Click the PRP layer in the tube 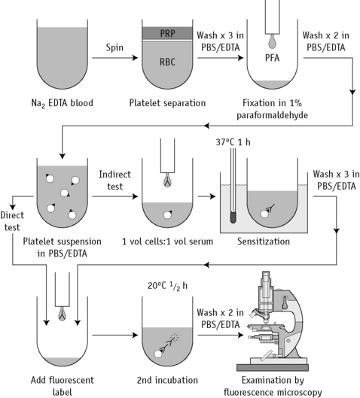(167, 33)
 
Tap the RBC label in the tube (167, 62)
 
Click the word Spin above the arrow (114, 47)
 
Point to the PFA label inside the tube (273, 58)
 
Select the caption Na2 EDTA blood (62, 103)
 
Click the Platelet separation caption (167, 103)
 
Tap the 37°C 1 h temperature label (233, 142)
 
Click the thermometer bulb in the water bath (233, 217)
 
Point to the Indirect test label (114, 181)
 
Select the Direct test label (12, 221)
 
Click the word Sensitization (264, 242)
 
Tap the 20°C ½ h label (167, 286)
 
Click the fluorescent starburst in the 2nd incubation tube (174, 337)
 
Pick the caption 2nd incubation (167, 380)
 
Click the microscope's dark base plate (273, 368)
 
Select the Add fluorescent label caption (63, 386)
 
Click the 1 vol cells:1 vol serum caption (167, 242)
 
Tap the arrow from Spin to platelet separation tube (114, 58)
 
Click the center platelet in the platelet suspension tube (65, 193)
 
